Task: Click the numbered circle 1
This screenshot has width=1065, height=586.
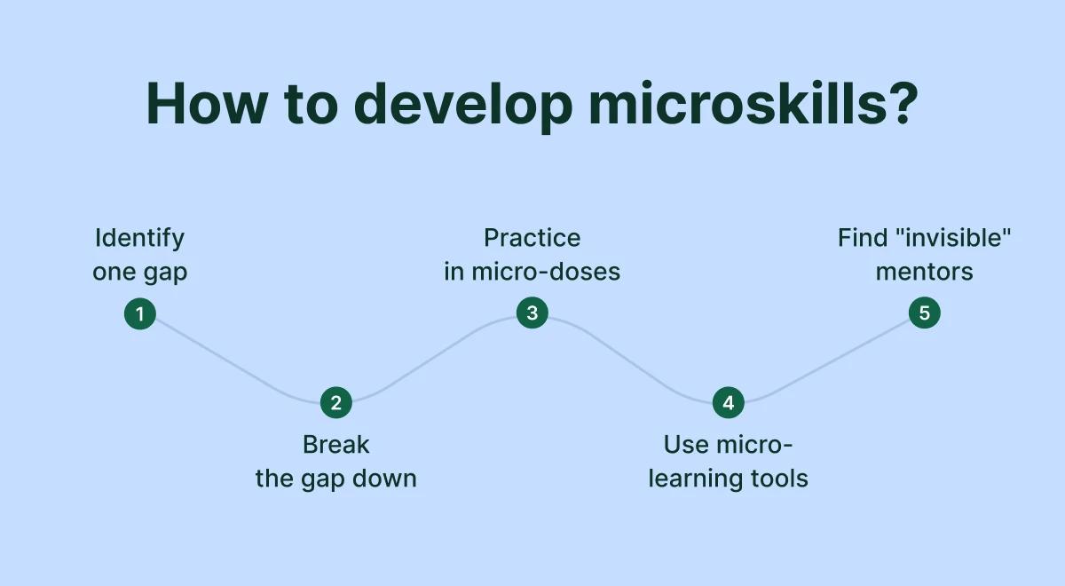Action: tap(139, 313)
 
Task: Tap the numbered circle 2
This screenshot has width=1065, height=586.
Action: tap(335, 403)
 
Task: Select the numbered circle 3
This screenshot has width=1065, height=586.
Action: tap(532, 313)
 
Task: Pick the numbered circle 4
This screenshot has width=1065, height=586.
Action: tap(728, 403)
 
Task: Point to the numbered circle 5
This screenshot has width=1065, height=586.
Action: tap(924, 313)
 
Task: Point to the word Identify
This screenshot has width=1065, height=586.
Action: tap(139, 238)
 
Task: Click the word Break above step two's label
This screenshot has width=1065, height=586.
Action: tap(335, 444)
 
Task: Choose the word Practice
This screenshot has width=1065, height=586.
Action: tap(532, 238)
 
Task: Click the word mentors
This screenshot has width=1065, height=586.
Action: tap(924, 272)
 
